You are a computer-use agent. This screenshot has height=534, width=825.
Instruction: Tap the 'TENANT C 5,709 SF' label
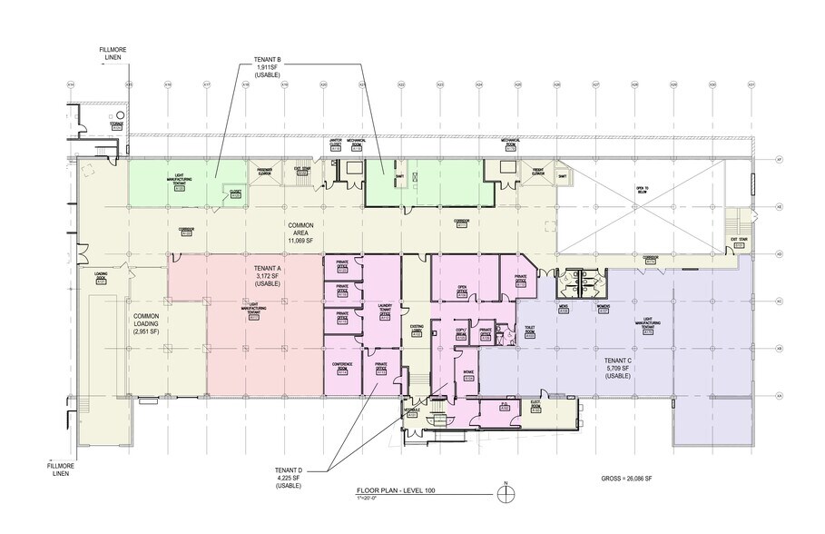click(617, 366)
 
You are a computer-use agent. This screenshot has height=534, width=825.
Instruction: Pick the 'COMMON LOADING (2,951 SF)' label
click(121, 314)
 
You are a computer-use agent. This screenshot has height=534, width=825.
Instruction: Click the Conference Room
click(342, 368)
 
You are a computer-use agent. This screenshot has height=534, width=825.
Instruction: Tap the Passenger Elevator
click(265, 172)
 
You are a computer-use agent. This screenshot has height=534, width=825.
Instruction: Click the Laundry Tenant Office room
click(383, 314)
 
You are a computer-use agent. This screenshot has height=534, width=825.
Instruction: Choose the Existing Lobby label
click(417, 328)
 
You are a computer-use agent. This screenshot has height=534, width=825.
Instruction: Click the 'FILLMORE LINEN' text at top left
click(119, 57)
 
